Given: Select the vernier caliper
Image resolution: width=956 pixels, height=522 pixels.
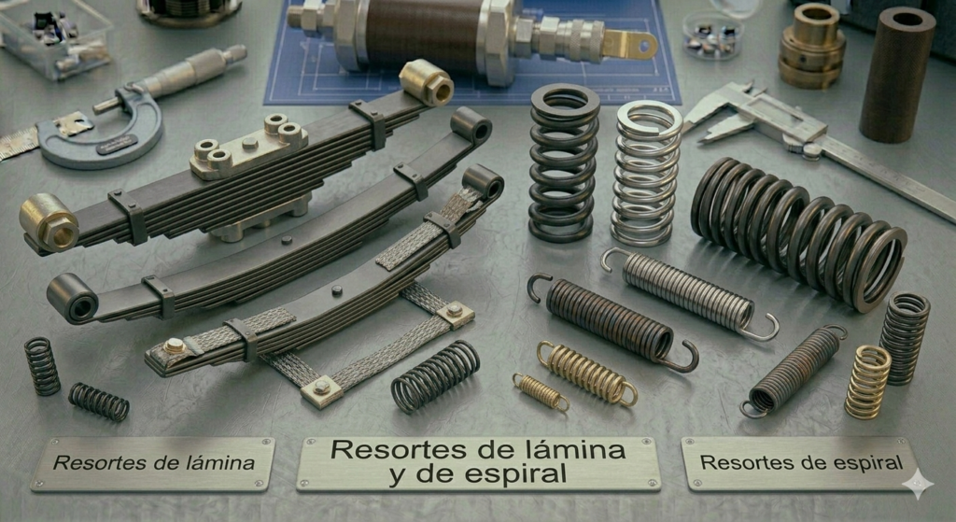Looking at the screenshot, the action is pyautogui.click(x=817, y=139).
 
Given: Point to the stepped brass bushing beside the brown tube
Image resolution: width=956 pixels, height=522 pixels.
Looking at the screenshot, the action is pyautogui.click(x=811, y=47).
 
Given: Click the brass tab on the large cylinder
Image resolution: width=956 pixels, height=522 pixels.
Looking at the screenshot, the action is pyautogui.click(x=630, y=44).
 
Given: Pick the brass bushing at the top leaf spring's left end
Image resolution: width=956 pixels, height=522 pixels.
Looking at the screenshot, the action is pyautogui.click(x=49, y=222).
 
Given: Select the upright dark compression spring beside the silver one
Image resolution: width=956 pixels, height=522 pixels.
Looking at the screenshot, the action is pyautogui.click(x=563, y=162).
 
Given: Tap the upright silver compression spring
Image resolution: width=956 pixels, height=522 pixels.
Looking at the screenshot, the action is pyautogui.click(x=646, y=174).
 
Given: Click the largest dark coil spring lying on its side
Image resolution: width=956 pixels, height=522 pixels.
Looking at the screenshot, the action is pyautogui.click(x=799, y=233).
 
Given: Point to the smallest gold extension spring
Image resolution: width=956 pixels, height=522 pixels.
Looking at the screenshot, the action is pyautogui.click(x=541, y=392).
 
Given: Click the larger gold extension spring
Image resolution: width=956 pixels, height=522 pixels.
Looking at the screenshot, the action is pyautogui.click(x=586, y=374).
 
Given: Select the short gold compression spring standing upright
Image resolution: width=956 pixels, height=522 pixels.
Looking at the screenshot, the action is pyautogui.click(x=867, y=382).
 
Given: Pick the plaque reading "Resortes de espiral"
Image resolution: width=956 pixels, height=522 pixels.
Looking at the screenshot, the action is pyautogui.click(x=800, y=463).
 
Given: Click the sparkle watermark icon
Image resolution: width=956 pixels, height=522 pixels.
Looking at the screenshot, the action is pyautogui.click(x=918, y=485).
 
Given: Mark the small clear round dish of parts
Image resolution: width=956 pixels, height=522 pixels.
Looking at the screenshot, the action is pyautogui.click(x=712, y=35).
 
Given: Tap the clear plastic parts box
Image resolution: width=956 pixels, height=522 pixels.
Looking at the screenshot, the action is pyautogui.click(x=55, y=37).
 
